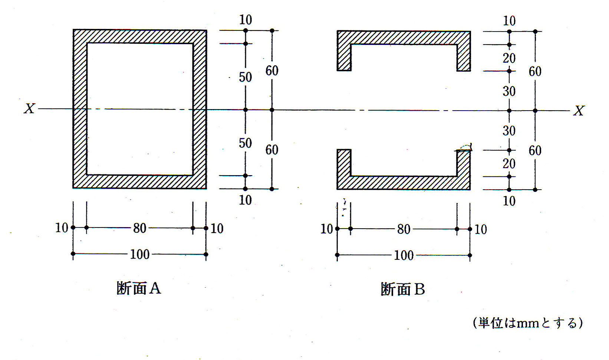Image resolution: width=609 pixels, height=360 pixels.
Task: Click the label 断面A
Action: (139, 288)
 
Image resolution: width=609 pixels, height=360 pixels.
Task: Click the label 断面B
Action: (403, 289)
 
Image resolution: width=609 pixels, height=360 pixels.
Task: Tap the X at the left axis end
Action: (29, 108)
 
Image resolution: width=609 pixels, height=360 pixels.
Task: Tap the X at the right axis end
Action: (579, 111)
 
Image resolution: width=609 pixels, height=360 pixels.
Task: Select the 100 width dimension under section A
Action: (139, 255)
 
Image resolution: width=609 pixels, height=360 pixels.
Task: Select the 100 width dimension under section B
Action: (404, 255)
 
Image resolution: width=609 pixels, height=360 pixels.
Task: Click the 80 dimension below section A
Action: (139, 228)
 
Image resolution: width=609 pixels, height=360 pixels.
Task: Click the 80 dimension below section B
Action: (404, 229)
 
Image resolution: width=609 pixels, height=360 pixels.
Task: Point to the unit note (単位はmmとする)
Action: (528, 323)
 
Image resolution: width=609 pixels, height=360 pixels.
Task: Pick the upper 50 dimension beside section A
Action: (245, 77)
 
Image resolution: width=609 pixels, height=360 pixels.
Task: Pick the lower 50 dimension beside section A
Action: (245, 143)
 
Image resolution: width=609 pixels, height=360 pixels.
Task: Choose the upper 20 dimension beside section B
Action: (509, 58)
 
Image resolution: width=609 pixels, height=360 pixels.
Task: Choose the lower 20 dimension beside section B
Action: (509, 163)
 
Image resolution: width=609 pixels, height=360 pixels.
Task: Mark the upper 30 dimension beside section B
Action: (509, 91)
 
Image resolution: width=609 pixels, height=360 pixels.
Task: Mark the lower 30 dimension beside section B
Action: (509, 131)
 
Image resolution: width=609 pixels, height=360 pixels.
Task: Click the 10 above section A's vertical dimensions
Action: (245, 20)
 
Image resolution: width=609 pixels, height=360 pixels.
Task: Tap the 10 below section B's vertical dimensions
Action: (509, 201)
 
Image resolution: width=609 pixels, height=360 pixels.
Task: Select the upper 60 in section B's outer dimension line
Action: (535, 71)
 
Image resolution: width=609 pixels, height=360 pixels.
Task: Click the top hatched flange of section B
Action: (404, 38)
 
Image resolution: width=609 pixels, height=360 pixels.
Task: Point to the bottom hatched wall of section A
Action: (139, 181)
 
